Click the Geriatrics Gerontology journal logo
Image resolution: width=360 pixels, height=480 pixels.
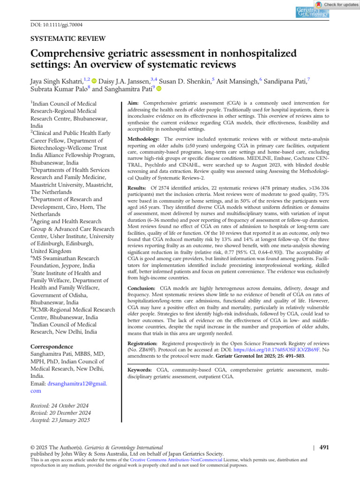[x=312, y=12]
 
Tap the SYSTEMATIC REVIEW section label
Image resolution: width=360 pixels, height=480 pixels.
[x=68, y=39]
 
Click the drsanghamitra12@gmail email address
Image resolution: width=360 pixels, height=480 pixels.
[x=77, y=383]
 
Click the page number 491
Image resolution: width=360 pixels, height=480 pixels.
[x=324, y=447]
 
